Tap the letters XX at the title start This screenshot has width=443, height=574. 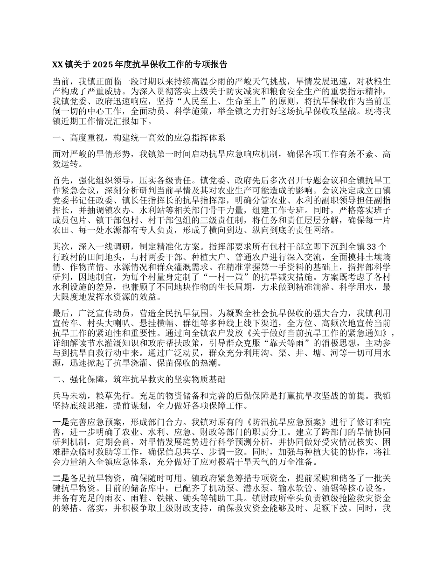[x=57, y=64]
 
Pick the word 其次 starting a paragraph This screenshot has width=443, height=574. [x=61, y=246]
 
